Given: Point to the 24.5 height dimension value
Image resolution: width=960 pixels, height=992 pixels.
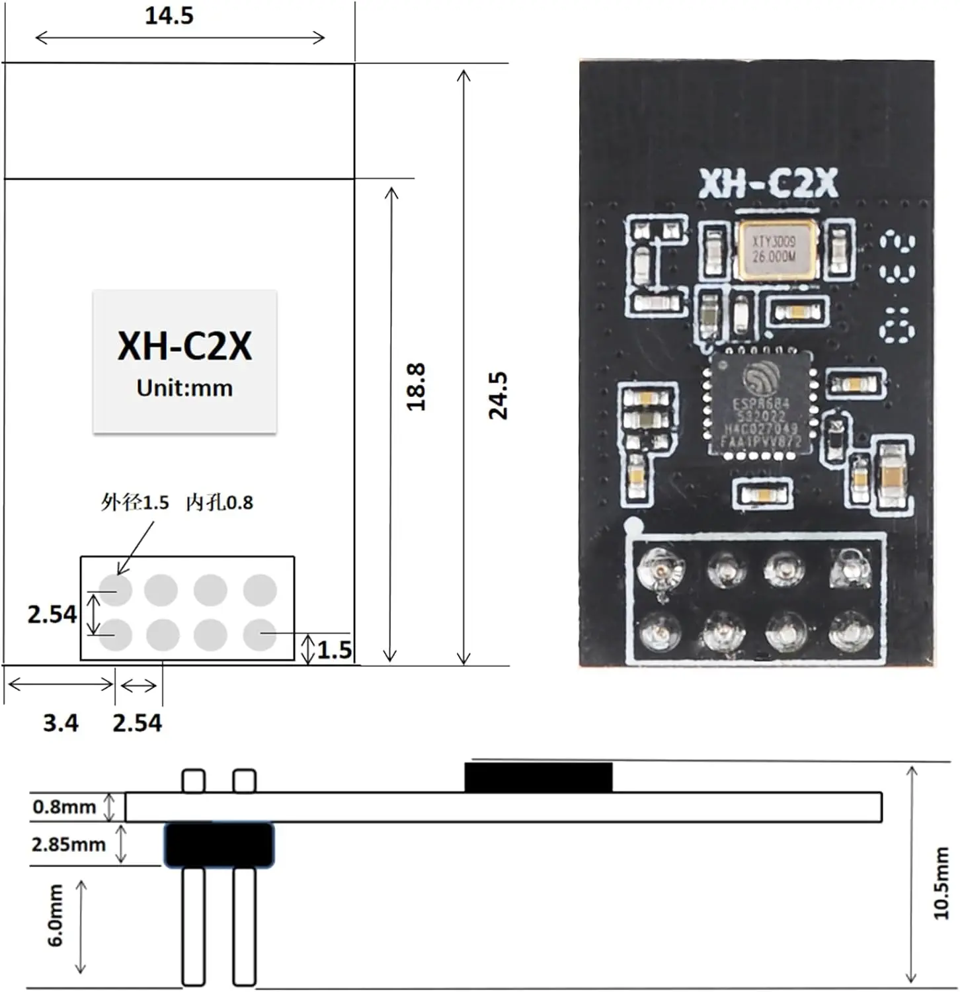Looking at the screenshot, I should point(498,395).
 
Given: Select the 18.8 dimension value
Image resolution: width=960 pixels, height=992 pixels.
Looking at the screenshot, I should point(416,387).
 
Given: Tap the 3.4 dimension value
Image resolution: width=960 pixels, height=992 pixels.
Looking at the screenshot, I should point(60,723).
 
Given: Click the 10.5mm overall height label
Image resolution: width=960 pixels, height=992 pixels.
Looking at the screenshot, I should point(941,883).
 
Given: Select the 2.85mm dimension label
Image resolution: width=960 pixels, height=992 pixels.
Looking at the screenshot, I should point(68,845).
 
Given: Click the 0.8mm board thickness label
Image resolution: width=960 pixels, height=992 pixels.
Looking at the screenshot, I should point(64,807).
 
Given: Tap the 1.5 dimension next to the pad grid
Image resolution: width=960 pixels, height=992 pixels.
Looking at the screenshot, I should point(335,650).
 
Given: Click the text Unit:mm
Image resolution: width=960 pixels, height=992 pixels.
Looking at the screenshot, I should point(184,388).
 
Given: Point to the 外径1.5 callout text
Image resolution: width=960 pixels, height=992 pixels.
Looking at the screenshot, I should point(135,503).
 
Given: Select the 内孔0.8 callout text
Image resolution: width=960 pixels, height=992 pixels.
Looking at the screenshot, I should point(220,503).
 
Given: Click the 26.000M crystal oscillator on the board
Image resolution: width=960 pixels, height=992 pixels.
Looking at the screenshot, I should point(775,250).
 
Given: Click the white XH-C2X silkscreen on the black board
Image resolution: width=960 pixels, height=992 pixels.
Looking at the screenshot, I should point(768,184).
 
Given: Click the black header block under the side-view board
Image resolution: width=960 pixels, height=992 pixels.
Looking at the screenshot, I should point(218,845).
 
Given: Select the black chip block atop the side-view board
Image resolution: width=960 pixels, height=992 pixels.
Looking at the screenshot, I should point(538,777).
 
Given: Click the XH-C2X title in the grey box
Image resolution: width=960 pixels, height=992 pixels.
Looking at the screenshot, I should point(184,345).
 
